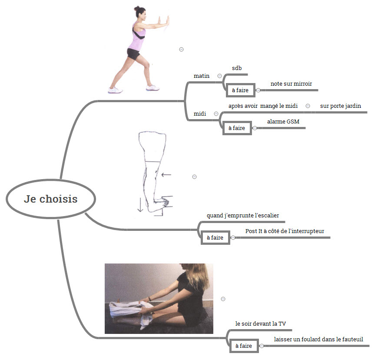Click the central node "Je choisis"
pos(51,199)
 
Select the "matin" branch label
pos(202,76)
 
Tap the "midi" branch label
pos(200,113)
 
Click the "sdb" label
pos(237,68)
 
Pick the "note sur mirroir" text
pos(291,83)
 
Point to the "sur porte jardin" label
pos(341,106)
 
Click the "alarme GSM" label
pos(283,121)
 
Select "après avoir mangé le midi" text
pos(263,106)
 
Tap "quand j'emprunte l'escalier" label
pos(243,215)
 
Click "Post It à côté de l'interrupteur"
pos(285,231)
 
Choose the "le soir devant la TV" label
pos(261,323)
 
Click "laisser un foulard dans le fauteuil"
pos(318,339)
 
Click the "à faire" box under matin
pos(240,90)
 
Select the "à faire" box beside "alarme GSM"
pos(237,128)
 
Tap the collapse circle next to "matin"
pos(219,76)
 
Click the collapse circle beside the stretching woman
pos(181,50)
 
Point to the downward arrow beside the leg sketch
pos(140,205)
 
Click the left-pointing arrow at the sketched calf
pos(166,174)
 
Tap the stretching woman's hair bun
pos(136,9)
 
